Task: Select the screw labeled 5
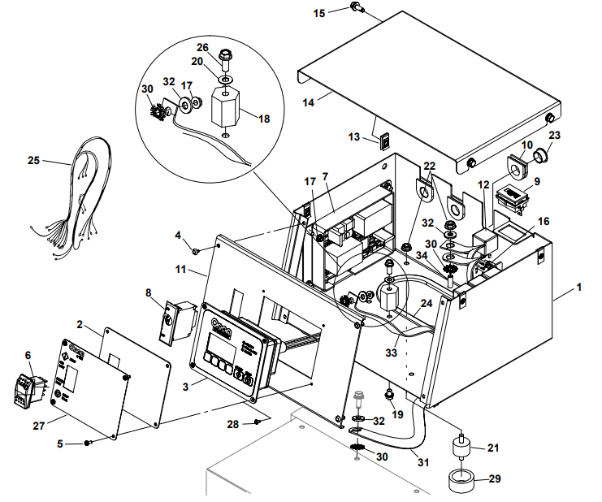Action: [x=89, y=443]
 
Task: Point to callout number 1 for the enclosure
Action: [x=579, y=287]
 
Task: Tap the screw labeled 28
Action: [x=258, y=421]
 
